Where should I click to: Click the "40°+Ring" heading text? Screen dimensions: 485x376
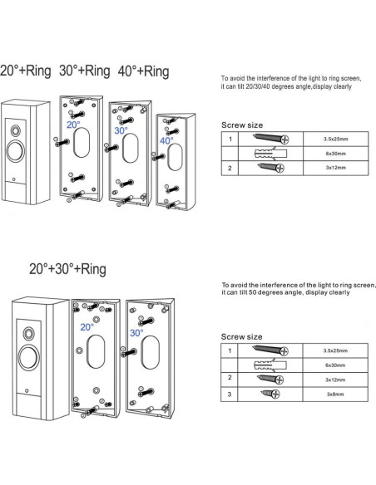pyautogui.click(x=143, y=71)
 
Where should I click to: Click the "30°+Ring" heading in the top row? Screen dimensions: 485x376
pyautogui.click(x=86, y=71)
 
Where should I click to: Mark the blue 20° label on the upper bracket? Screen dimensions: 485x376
pyautogui.click(x=72, y=125)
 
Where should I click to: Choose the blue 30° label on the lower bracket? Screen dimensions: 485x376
pyautogui.click(x=136, y=332)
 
